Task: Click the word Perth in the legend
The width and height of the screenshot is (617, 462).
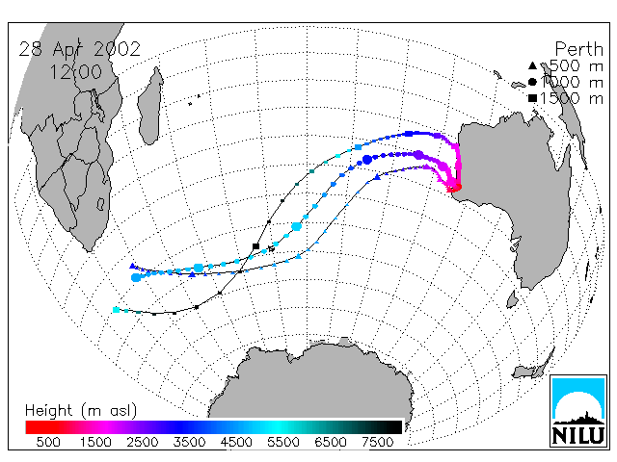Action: coord(578,49)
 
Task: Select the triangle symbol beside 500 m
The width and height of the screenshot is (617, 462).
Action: coord(532,65)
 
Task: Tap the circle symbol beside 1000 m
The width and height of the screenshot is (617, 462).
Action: coord(532,82)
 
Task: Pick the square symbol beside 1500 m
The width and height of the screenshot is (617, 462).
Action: coord(532,98)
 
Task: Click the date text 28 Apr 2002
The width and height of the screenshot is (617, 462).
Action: coord(79,49)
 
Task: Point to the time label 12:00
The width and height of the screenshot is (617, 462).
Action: coord(76,72)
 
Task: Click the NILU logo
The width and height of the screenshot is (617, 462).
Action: coord(578,411)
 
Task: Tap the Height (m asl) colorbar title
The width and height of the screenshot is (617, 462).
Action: coord(81,411)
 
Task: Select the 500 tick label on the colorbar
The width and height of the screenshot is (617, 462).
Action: coord(48,442)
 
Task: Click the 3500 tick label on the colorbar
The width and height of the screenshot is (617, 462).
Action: coord(189,442)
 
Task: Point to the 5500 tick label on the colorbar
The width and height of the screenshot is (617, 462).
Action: coord(283,442)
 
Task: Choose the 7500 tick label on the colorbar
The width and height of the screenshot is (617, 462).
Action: coord(377,442)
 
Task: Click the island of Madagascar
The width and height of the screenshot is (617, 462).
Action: coord(150,106)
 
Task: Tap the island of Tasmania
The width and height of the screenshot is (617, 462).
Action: coord(512,299)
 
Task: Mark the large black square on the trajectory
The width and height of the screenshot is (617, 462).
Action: coord(255,246)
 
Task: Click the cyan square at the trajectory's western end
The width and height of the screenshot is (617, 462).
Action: coord(116,310)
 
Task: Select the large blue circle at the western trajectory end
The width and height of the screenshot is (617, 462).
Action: coord(136,278)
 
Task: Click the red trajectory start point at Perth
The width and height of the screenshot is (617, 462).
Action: coord(456,187)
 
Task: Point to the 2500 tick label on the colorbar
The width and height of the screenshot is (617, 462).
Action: coord(143,442)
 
